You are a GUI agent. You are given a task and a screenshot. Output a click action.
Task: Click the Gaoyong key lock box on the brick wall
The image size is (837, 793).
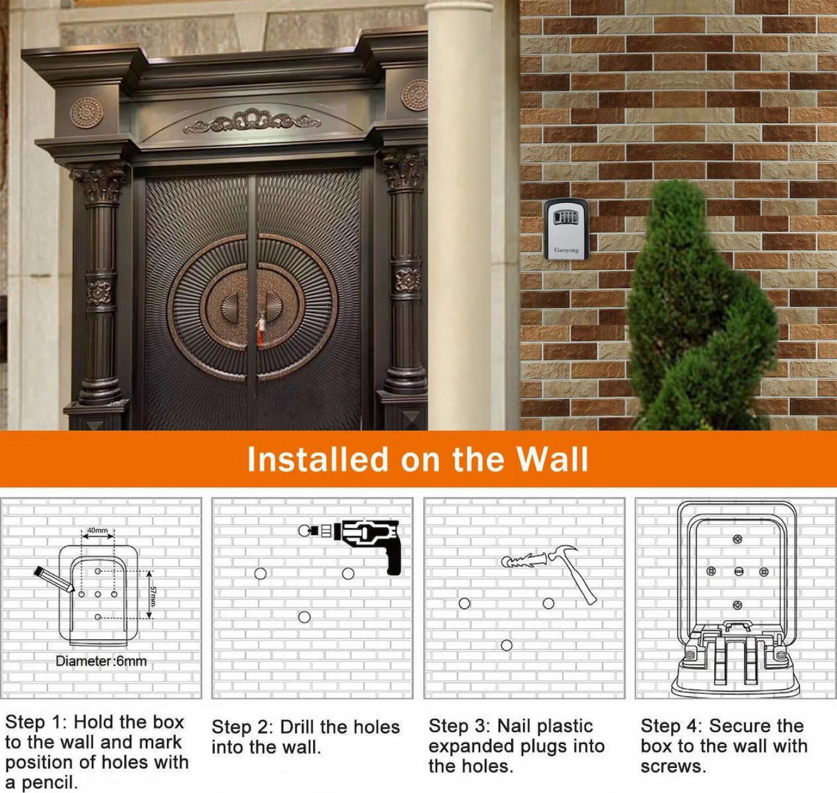coord(566,229)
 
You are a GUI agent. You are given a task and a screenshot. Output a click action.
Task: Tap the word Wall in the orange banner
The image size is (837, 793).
coord(552,459)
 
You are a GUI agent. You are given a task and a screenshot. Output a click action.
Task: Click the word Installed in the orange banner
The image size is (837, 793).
coord(318,459)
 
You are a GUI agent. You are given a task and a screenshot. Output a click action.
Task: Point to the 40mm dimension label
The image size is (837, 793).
coord(97,530)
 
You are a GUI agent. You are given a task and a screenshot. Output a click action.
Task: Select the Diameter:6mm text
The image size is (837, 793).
coord(101,661)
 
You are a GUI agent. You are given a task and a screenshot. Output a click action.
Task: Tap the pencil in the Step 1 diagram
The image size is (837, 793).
coord(54,579)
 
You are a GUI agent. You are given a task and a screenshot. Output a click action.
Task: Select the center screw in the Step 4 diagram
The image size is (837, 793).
coord(739,571)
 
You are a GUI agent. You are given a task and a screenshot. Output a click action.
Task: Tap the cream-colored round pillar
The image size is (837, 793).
coord(459,215)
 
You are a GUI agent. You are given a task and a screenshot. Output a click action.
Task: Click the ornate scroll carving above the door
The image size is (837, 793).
coord(252,120)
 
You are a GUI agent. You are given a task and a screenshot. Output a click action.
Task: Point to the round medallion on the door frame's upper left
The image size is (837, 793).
coord(87,113)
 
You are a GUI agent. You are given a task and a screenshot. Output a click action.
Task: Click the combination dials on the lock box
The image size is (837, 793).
coord(566,218)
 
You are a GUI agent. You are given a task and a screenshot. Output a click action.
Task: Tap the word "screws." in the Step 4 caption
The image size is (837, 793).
coord(674,767)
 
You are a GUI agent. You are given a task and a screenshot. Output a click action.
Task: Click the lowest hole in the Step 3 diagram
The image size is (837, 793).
coord(506,645)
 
